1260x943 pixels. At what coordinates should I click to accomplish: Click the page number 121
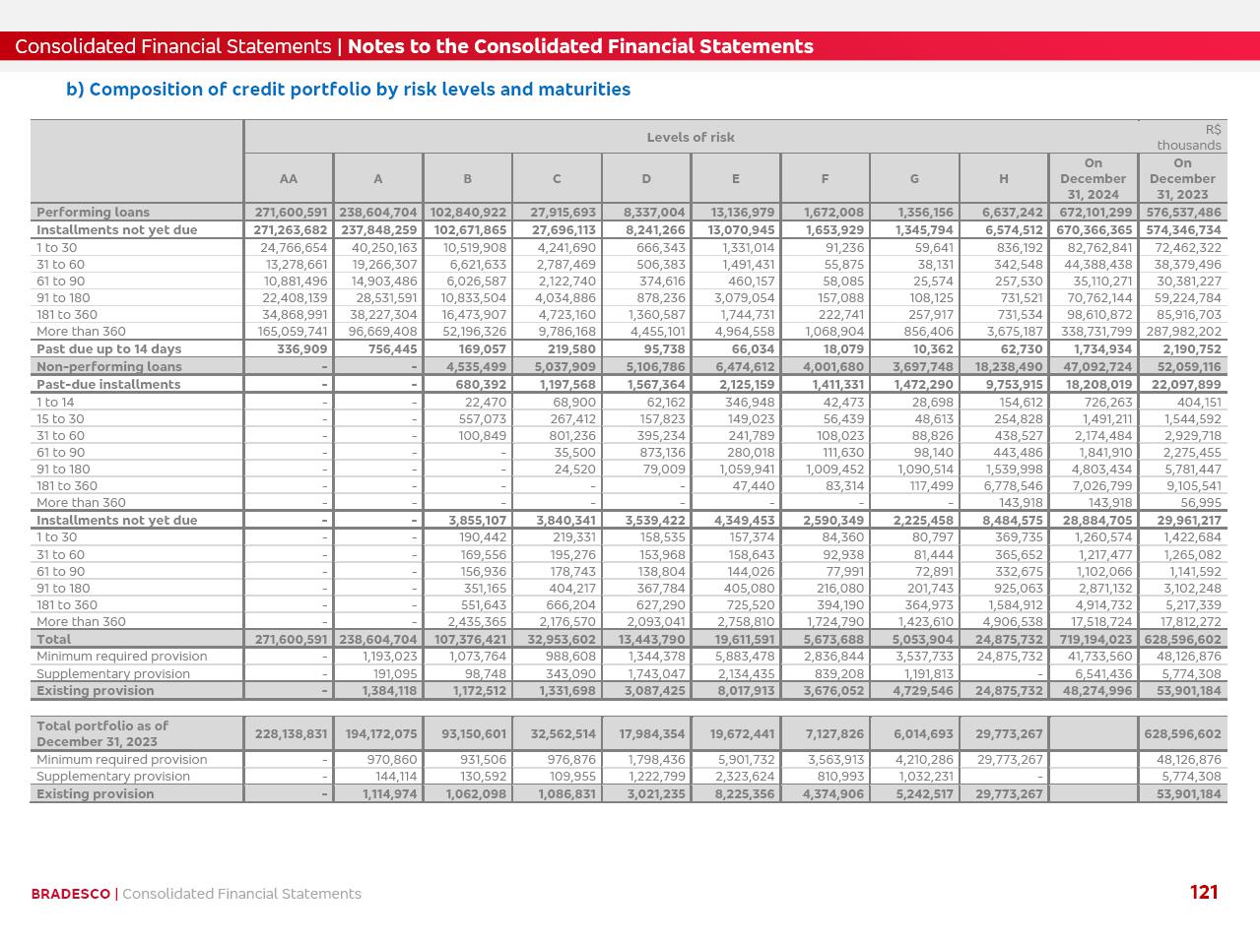pyautogui.click(x=1204, y=892)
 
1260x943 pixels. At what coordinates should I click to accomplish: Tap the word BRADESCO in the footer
pyautogui.click(x=70, y=894)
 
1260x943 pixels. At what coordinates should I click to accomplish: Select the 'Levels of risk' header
pyautogui.click(x=691, y=137)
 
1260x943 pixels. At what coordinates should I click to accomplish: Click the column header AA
pyautogui.click(x=288, y=178)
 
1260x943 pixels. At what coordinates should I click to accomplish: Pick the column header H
pyautogui.click(x=1003, y=178)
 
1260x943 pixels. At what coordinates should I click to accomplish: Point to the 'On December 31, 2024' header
pyautogui.click(x=1093, y=178)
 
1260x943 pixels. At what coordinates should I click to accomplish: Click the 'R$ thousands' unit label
pyautogui.click(x=1189, y=137)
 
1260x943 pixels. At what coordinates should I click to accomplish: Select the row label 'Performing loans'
pyautogui.click(x=93, y=212)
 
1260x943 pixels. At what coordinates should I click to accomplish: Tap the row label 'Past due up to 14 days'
pyautogui.click(x=108, y=348)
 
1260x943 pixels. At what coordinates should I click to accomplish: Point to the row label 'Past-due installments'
pyautogui.click(x=108, y=384)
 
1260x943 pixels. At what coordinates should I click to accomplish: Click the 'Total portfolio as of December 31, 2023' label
pyautogui.click(x=102, y=733)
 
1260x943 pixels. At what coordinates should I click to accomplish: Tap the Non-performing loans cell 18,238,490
pyautogui.click(x=1008, y=366)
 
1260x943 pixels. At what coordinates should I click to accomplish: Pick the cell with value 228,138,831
pyautogui.click(x=291, y=733)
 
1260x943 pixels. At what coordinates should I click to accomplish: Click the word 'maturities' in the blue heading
pyautogui.click(x=587, y=90)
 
